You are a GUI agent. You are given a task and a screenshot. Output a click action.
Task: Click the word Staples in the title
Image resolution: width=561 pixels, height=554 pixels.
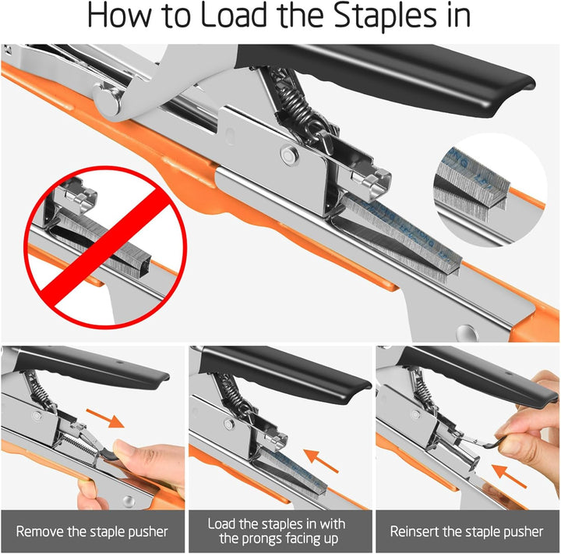click(385, 16)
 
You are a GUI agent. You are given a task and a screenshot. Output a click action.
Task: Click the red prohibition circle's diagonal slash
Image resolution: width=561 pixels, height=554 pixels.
click(105, 247)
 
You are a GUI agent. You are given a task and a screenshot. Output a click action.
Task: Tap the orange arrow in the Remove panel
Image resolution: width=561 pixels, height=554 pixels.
click(105, 417)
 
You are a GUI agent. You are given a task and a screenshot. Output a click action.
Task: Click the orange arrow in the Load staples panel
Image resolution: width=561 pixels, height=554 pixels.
click(321, 461)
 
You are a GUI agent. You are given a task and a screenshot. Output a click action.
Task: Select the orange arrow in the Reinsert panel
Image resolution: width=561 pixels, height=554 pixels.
click(509, 476)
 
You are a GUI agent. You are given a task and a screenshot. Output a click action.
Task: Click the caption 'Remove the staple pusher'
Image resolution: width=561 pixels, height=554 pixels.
click(92, 531)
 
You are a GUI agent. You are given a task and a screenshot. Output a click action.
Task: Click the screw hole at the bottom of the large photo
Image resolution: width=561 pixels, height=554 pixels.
click(467, 332)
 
